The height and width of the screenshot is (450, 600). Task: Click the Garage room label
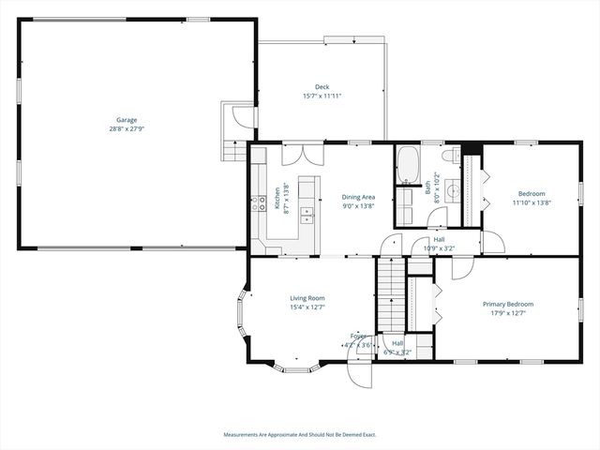click(127, 120)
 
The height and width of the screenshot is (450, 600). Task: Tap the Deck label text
click(322, 86)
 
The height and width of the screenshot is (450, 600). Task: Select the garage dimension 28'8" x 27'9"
click(127, 129)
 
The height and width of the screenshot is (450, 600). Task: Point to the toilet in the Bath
click(453, 156)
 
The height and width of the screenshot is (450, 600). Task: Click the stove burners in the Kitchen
click(256, 201)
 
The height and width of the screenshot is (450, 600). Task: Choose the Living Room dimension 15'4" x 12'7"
click(308, 307)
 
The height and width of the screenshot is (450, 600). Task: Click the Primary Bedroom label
click(508, 304)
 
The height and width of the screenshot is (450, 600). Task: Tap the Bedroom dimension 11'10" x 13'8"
click(532, 202)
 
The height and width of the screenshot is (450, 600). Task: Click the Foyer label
click(359, 336)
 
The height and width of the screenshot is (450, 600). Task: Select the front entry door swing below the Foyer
click(358, 372)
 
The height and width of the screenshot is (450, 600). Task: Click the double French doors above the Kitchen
click(303, 154)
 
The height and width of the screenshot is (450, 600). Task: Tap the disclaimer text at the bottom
click(300, 434)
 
